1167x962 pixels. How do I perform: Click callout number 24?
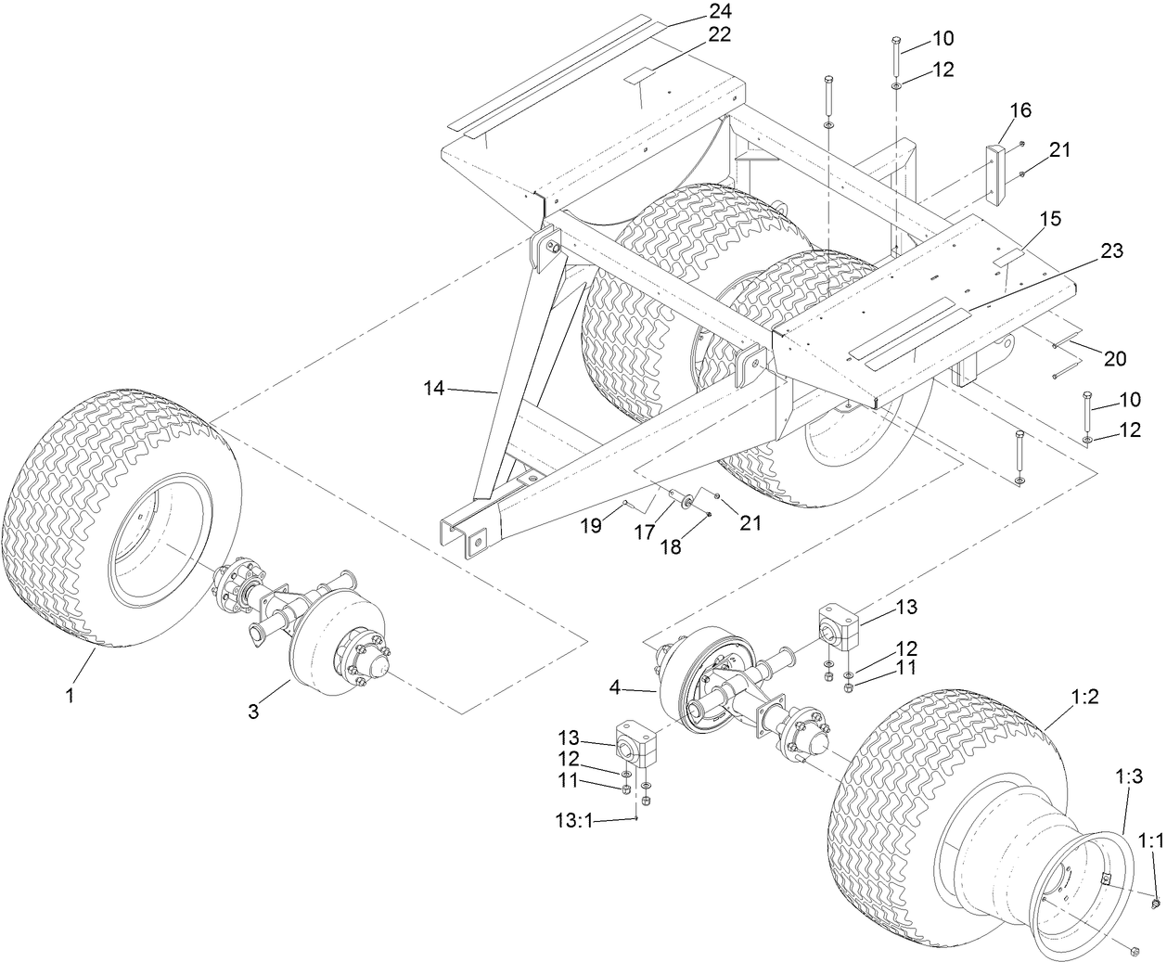tap(720, 12)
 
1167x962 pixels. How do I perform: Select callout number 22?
tap(720, 34)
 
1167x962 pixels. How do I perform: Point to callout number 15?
tap(1050, 219)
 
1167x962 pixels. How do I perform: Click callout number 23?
tap(1111, 250)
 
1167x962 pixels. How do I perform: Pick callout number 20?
tap(1114, 358)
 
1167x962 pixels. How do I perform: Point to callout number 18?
tap(670, 546)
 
